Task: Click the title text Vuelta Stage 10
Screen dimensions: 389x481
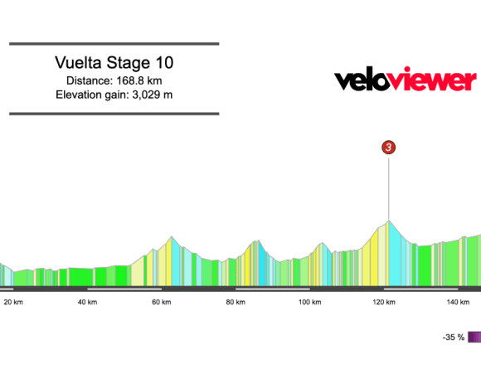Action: (114, 63)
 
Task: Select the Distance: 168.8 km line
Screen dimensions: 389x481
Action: (114, 80)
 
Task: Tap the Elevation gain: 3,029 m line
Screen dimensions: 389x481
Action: (114, 95)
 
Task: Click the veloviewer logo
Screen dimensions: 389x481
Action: (405, 80)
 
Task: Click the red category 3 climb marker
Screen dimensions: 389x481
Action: (389, 147)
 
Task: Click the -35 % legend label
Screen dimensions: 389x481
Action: (453, 338)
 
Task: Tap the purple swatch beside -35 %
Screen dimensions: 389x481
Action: (474, 338)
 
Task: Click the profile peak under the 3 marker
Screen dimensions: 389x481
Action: (388, 221)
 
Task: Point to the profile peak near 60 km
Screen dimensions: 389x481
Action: (172, 237)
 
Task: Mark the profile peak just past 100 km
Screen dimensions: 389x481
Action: (322, 243)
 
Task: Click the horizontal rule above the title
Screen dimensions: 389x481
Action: (114, 44)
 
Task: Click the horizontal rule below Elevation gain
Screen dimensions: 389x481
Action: (114, 114)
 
